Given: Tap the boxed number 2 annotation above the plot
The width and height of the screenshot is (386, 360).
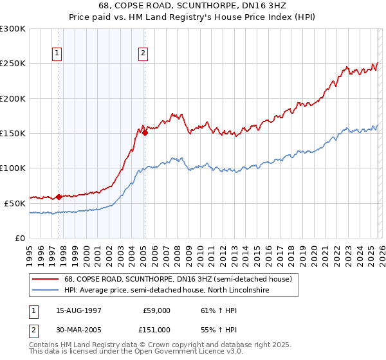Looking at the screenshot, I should [142, 54].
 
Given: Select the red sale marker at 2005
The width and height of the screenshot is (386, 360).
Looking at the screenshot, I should [145, 132].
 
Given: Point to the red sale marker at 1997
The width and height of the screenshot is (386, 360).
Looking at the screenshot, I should [59, 197].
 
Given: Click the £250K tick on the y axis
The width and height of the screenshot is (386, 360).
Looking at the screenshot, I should [13, 64].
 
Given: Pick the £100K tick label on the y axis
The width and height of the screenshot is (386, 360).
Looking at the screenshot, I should [13, 168].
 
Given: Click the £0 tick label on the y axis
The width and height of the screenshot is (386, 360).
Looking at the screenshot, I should [19, 238].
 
